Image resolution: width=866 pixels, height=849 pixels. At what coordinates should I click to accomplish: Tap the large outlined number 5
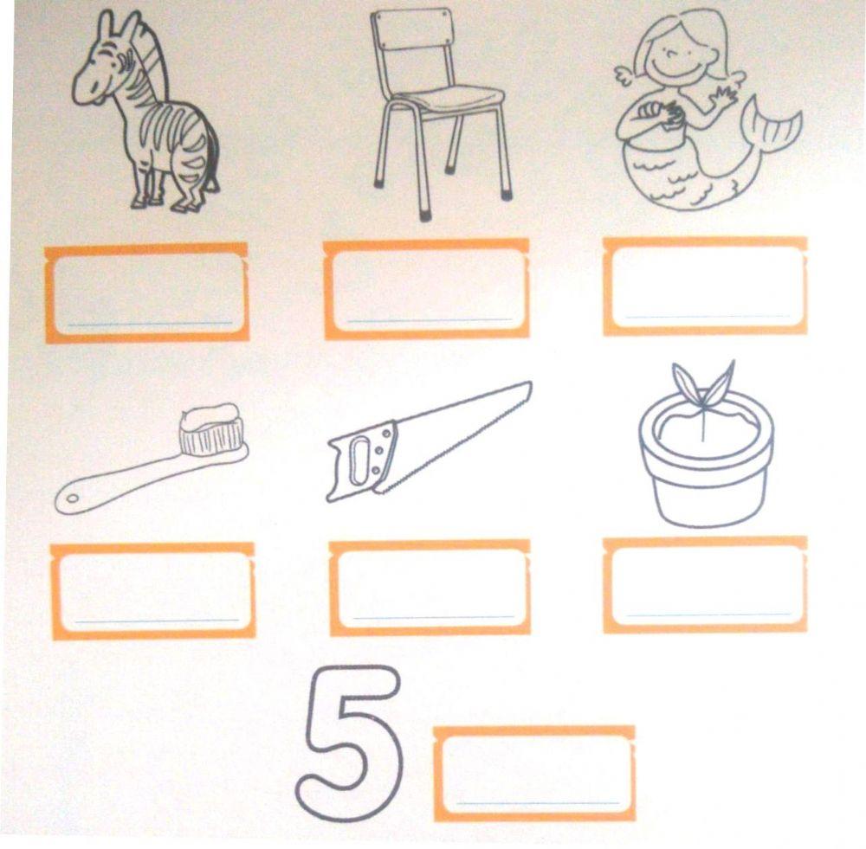coord(350,745)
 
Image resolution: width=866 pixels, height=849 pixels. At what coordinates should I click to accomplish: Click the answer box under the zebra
coord(147,293)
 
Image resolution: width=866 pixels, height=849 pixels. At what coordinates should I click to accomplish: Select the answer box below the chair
coord(427,289)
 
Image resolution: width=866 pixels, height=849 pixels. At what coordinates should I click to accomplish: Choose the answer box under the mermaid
coord(705,286)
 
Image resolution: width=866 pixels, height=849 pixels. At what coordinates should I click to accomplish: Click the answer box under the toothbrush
coord(152,590)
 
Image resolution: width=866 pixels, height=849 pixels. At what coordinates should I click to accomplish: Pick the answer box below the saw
coord(430,588)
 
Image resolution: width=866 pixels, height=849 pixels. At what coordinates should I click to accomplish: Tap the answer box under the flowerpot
coord(705,584)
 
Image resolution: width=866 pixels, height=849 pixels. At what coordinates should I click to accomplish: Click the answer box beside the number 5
coord(534,773)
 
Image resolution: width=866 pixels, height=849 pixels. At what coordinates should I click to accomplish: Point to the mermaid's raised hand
coord(723,95)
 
